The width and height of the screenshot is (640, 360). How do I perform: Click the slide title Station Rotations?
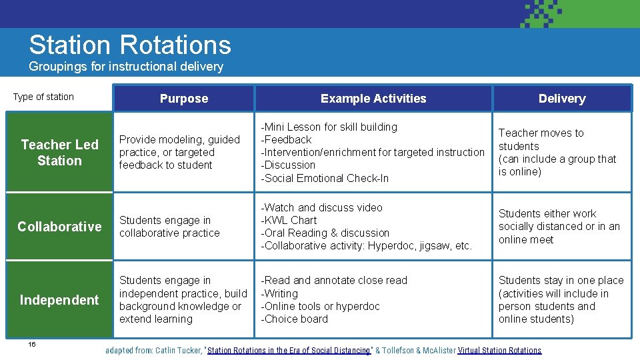pyautogui.click(x=130, y=45)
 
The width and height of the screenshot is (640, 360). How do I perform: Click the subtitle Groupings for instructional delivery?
pyautogui.click(x=126, y=67)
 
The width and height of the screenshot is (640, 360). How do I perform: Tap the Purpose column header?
pyautogui.click(x=184, y=99)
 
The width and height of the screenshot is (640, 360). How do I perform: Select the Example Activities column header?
pyautogui.click(x=373, y=99)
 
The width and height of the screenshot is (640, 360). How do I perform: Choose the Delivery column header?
pyautogui.click(x=562, y=99)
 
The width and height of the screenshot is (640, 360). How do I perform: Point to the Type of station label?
pyautogui.click(x=43, y=97)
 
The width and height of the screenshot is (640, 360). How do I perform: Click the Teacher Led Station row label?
pyautogui.click(x=59, y=153)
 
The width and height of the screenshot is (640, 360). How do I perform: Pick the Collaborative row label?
pyautogui.click(x=59, y=227)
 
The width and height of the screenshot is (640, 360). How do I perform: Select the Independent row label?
pyautogui.click(x=59, y=300)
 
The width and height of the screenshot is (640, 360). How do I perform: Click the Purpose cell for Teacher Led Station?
pyautogui.click(x=179, y=152)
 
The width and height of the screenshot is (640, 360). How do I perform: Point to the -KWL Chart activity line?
pyautogui.click(x=289, y=220)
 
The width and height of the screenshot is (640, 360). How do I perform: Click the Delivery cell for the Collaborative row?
pyautogui.click(x=559, y=227)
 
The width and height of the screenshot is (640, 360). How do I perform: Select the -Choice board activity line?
pyautogui.click(x=294, y=319)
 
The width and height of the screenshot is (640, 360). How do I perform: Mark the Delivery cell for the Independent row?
pyautogui.click(x=561, y=300)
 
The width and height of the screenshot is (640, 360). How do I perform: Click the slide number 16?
pyautogui.click(x=32, y=344)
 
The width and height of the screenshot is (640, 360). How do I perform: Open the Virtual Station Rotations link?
pyautogui.click(x=499, y=351)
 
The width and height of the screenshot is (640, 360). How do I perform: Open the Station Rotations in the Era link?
pyautogui.click(x=289, y=351)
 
